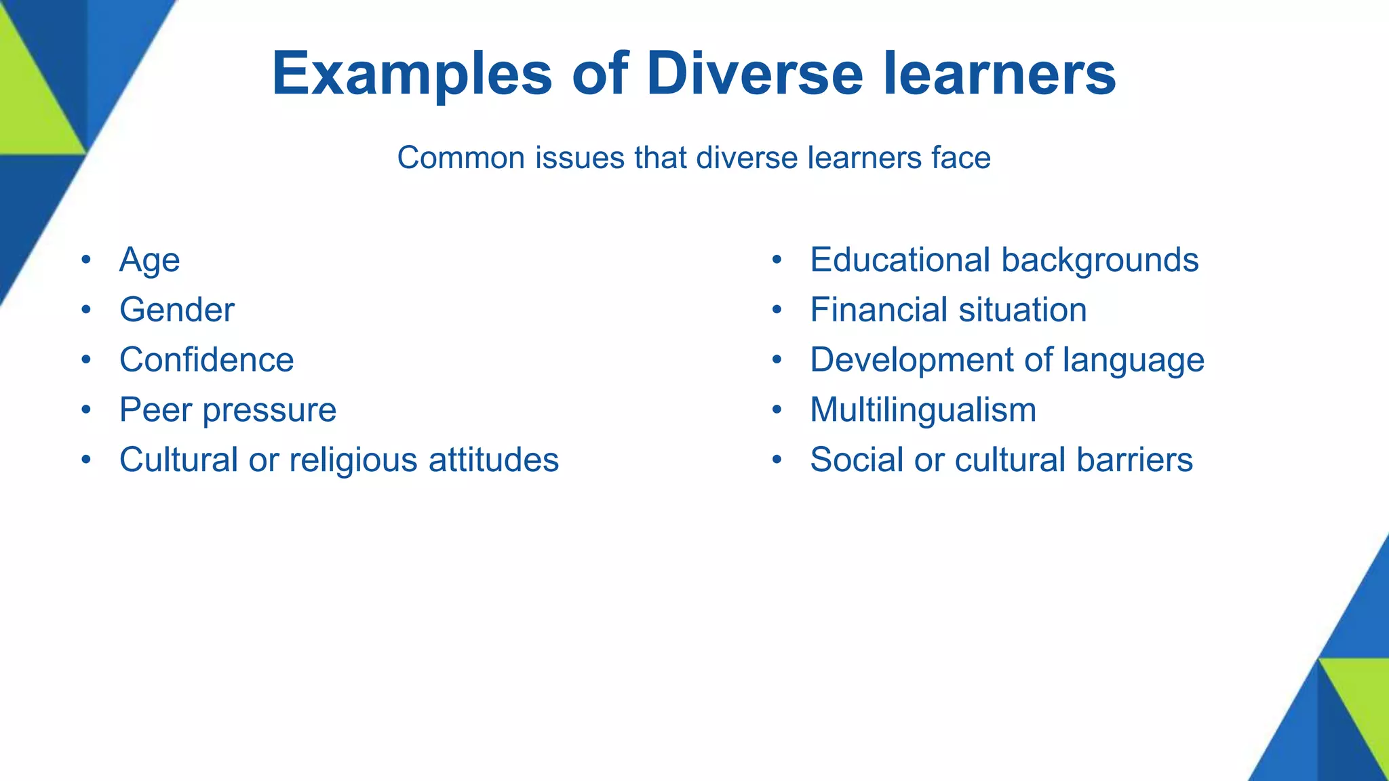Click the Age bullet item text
point(149,260)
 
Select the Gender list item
point(176,310)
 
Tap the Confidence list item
point(206,359)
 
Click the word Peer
point(154,409)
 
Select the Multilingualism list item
point(923,409)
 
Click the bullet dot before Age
point(85,260)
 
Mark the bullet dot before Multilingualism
point(777,409)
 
